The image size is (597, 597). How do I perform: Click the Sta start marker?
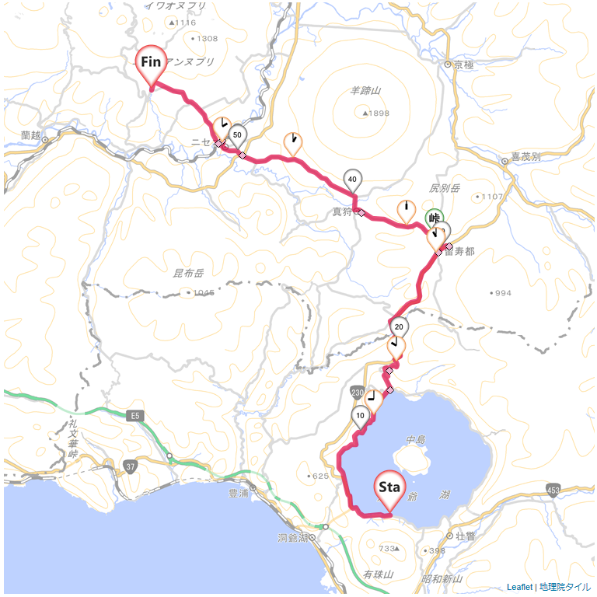point(389,488)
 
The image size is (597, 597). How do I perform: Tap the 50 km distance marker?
point(238,135)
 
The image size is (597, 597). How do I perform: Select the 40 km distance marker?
point(353,180)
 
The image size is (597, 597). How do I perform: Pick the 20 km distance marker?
point(399,326)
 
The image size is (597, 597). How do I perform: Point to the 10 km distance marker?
point(359,415)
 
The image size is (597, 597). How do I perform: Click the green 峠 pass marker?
point(435,218)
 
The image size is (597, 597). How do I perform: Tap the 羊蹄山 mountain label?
point(365,91)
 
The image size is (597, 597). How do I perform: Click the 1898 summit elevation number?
point(379,113)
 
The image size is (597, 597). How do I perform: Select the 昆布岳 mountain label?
point(187,274)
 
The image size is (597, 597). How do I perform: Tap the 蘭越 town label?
point(31,135)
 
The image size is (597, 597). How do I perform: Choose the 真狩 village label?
point(342,211)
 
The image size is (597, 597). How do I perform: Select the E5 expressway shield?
point(136,417)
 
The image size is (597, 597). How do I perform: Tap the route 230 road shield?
point(357,391)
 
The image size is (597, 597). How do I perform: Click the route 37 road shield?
point(129,466)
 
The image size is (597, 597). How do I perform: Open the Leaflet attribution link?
point(519,587)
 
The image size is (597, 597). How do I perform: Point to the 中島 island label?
point(416,440)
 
